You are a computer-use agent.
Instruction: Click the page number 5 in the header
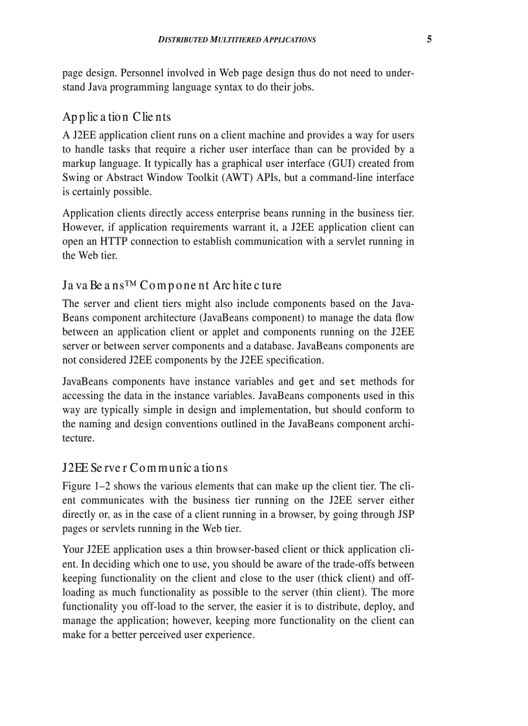(429, 39)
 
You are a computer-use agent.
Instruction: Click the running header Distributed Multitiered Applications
(237, 40)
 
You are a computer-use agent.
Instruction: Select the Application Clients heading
(117, 117)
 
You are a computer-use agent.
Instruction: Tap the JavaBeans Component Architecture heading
(172, 285)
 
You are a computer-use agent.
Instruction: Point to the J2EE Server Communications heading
(146, 467)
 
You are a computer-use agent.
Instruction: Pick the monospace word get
(307, 382)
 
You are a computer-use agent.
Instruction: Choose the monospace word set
(347, 382)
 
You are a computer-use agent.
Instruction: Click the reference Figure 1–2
(87, 486)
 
